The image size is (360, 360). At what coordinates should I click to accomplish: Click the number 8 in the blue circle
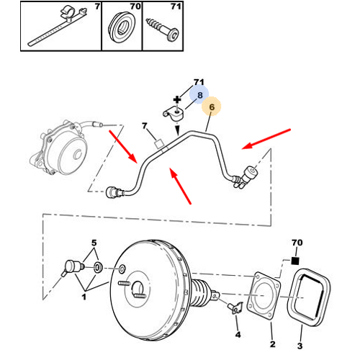(x=200, y=95)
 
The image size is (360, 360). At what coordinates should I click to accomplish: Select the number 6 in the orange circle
(x=212, y=107)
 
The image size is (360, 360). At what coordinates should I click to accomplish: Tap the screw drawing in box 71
(x=162, y=30)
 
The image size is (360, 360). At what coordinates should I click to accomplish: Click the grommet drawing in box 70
(x=122, y=27)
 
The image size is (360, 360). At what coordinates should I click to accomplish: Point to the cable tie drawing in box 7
(x=58, y=27)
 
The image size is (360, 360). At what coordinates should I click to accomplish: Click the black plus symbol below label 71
(x=177, y=99)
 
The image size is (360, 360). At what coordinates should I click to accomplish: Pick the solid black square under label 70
(x=295, y=261)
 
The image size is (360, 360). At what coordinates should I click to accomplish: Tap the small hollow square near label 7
(x=159, y=144)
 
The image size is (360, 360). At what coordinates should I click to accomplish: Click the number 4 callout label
(x=238, y=335)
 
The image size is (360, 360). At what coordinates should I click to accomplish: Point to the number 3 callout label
(x=300, y=346)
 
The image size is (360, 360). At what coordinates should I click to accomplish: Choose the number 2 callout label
(x=272, y=344)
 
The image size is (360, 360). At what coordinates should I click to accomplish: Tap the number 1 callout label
(x=84, y=297)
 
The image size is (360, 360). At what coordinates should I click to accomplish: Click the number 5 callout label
(x=94, y=243)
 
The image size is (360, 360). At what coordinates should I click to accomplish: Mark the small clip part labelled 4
(x=235, y=308)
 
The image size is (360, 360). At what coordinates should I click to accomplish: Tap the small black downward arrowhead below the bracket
(x=177, y=131)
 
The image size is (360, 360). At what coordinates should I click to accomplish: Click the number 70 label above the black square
(x=297, y=243)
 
